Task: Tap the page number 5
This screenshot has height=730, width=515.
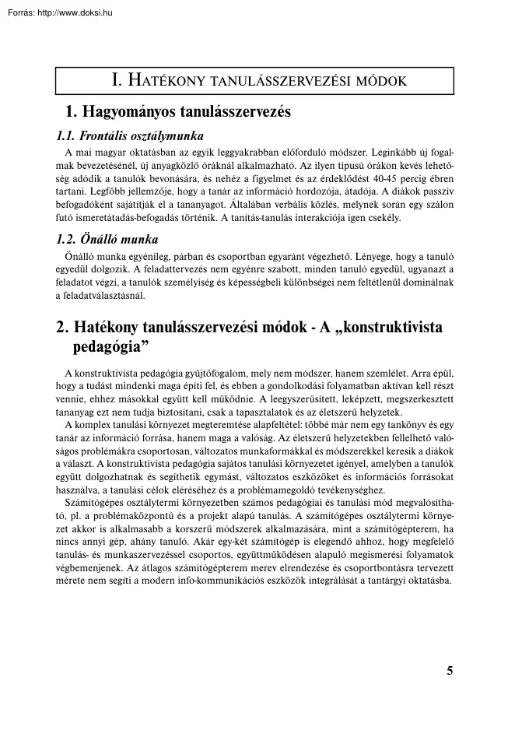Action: coord(450,672)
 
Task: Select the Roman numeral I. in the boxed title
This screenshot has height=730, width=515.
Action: coord(117,80)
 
